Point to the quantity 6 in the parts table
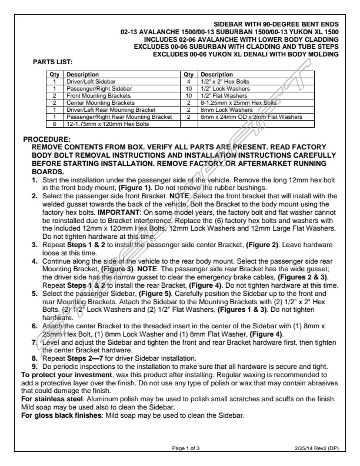55,124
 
